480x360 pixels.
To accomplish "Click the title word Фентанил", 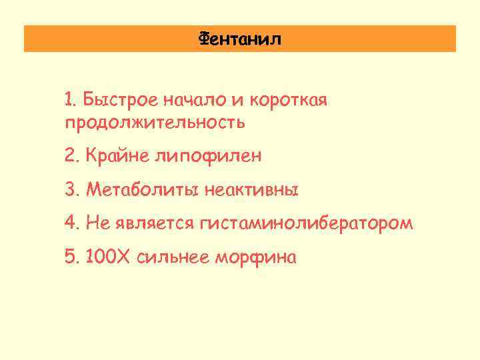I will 240,39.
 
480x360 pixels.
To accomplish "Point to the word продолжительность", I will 155,123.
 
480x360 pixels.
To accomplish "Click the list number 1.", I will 69,101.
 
